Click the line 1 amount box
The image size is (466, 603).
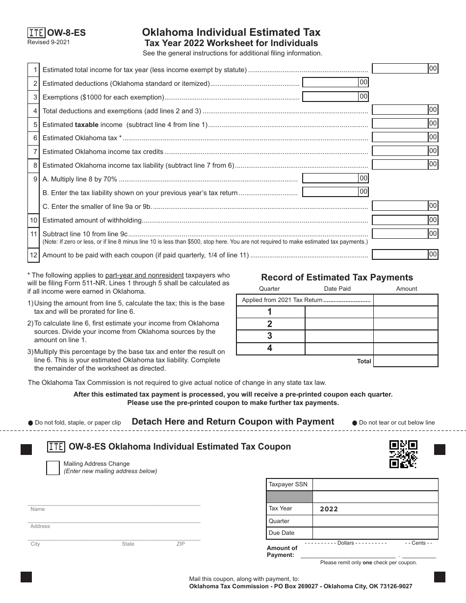[400, 69]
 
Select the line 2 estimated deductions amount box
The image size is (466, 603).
[331, 82]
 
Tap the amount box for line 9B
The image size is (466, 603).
[331, 192]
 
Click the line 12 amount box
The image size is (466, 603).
[400, 254]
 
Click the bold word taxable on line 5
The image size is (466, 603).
[86, 125]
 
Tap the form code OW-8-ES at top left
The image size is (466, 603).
[66, 33]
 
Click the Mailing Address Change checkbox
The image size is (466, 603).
[52, 468]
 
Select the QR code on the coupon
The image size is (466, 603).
[403, 454]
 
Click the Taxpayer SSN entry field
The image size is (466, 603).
[375, 485]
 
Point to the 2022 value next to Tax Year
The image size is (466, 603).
[329, 509]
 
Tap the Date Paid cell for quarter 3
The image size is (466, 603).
[339, 336]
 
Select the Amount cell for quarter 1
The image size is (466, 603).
[406, 312]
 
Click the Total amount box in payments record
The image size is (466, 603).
[406, 361]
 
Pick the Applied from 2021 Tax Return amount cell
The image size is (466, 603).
[406, 300]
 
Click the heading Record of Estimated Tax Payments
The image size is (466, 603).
[337, 277]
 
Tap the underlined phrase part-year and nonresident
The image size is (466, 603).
[144, 275]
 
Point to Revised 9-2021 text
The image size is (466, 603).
[49, 42]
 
